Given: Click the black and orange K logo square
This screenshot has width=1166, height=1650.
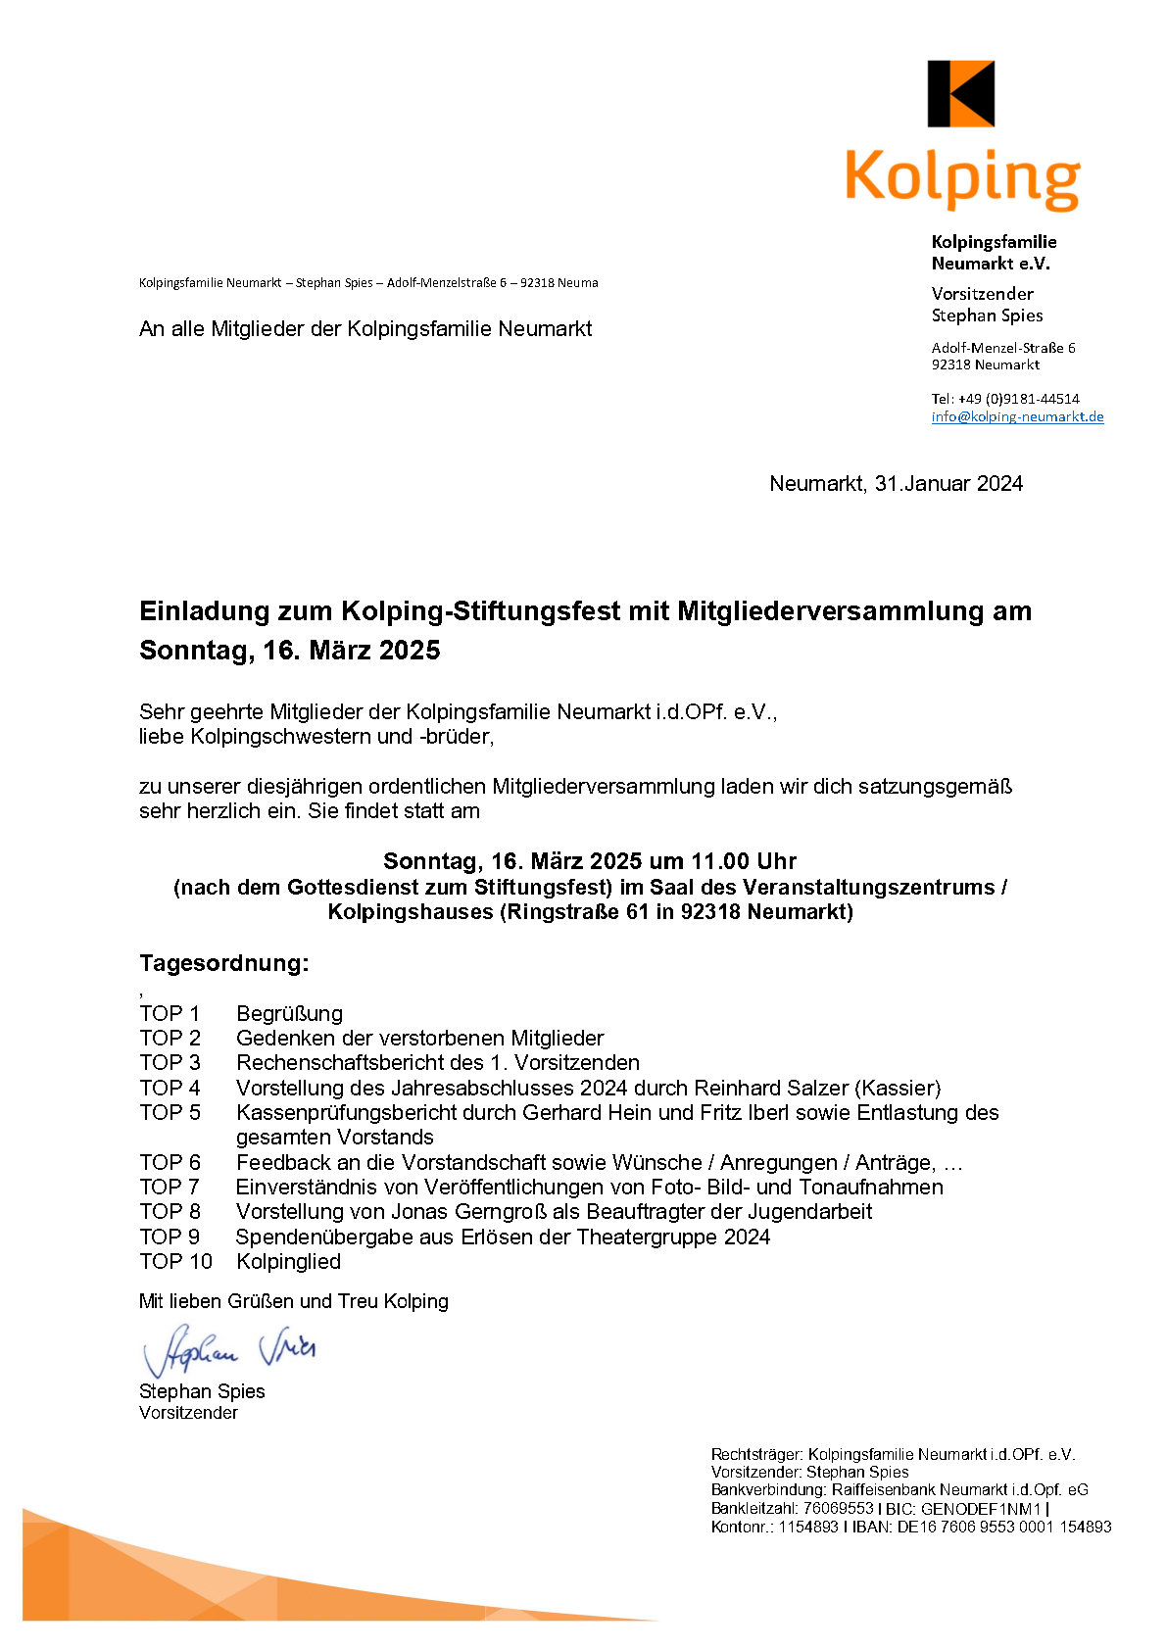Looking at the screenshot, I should [960, 94].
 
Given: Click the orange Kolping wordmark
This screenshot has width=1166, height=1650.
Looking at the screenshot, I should [962, 178].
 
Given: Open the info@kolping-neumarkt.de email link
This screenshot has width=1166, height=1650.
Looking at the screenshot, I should [1017, 416].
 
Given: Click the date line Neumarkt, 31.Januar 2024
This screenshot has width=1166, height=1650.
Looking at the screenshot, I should [896, 483].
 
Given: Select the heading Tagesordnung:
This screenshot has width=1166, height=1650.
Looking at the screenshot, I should [223, 962].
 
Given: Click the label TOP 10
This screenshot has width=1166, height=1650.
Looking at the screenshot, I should [175, 1261].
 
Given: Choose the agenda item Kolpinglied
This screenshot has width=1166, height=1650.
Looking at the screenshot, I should [288, 1261].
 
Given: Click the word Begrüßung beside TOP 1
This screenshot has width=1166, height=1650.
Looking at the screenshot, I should [289, 1013].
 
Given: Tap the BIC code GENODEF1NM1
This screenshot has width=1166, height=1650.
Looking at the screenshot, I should [981, 1509].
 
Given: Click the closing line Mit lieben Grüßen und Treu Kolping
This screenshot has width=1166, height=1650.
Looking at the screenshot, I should [293, 1301].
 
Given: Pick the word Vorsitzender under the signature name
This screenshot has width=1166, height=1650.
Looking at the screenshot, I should [188, 1412].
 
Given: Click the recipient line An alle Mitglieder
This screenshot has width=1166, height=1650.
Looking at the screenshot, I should [364, 328].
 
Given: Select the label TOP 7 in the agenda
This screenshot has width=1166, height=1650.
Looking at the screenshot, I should [170, 1187].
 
